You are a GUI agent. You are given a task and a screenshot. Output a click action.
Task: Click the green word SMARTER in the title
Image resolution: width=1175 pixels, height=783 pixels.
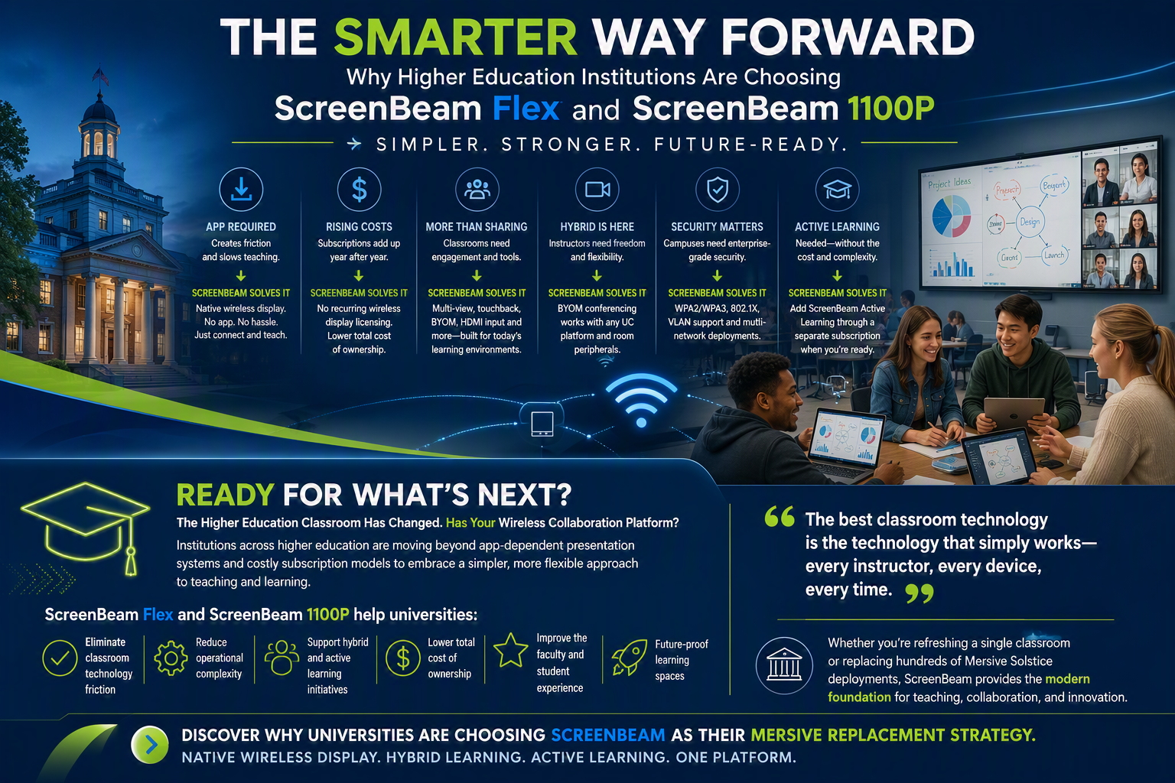(x=455, y=37)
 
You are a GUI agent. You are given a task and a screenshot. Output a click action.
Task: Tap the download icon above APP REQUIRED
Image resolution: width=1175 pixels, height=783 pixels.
(x=241, y=190)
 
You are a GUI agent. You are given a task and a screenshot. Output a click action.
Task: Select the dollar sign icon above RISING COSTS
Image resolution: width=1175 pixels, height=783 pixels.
(x=360, y=190)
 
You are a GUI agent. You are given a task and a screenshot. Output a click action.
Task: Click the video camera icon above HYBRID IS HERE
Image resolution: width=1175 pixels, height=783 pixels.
(x=597, y=190)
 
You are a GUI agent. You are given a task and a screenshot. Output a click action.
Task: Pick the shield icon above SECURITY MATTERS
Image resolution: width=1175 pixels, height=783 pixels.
(x=717, y=190)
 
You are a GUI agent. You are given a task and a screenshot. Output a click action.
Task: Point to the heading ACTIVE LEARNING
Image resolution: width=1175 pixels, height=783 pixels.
(x=837, y=226)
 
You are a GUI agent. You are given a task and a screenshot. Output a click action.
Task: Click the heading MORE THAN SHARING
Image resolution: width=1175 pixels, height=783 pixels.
(x=477, y=226)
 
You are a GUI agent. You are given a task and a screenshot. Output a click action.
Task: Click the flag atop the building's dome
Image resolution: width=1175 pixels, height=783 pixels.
(x=101, y=76)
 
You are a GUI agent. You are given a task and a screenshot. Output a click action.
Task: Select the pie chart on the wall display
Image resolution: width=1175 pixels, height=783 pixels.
(x=951, y=216)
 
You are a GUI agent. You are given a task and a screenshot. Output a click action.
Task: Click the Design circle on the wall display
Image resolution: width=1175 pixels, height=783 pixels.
(x=1030, y=222)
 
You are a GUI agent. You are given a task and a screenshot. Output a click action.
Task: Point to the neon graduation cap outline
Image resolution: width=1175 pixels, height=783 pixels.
(x=86, y=527)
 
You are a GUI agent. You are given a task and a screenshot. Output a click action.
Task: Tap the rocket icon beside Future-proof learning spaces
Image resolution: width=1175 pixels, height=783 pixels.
(x=630, y=657)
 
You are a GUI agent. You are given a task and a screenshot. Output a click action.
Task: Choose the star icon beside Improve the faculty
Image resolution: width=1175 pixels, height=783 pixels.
(x=510, y=650)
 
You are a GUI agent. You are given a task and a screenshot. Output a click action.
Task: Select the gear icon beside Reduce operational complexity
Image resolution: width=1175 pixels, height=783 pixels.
(x=171, y=658)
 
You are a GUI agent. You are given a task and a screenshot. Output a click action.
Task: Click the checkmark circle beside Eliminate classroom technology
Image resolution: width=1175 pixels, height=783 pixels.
(x=60, y=658)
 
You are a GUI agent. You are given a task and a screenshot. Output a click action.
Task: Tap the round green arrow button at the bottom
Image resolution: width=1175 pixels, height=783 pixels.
(x=150, y=745)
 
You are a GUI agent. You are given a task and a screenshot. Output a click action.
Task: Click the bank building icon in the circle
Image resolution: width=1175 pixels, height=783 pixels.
(x=784, y=665)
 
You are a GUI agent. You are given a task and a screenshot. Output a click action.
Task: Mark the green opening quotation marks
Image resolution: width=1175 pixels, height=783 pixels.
(x=780, y=517)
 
